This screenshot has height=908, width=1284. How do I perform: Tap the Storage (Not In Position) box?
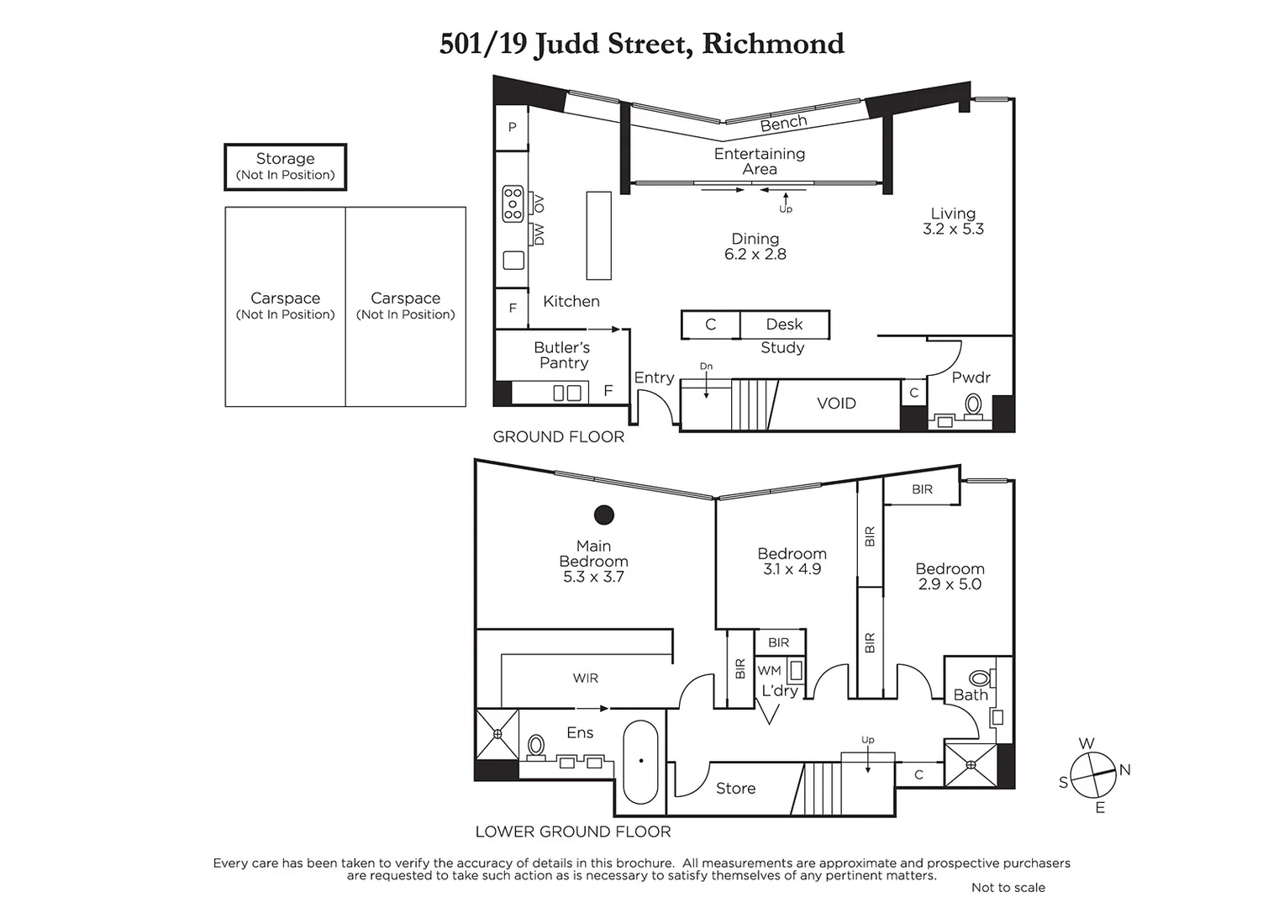[285, 166]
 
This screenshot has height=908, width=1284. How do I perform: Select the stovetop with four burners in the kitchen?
[513, 204]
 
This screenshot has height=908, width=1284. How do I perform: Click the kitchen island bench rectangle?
[598, 235]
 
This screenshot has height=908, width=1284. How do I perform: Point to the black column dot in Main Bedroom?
[603, 515]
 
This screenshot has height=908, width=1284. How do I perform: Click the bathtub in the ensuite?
[641, 762]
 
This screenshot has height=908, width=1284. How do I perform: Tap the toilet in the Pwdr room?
[974, 404]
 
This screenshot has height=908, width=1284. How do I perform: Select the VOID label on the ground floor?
[836, 404]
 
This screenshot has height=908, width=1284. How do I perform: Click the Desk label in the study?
[784, 325]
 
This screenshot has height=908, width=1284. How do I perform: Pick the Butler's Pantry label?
[562, 355]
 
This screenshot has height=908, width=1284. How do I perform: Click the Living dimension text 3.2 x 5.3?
[953, 229]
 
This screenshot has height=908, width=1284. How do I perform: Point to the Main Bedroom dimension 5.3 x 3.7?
[593, 577]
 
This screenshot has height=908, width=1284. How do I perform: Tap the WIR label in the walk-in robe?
[586, 678]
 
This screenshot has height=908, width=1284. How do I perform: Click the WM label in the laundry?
[769, 671]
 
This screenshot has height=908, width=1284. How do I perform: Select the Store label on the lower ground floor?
[735, 789]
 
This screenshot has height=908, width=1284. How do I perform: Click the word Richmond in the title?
[772, 44]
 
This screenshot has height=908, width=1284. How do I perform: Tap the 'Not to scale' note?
[1008, 888]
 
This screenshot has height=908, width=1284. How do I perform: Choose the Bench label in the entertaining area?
[783, 124]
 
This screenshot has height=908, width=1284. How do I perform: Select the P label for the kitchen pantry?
[512, 128]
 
